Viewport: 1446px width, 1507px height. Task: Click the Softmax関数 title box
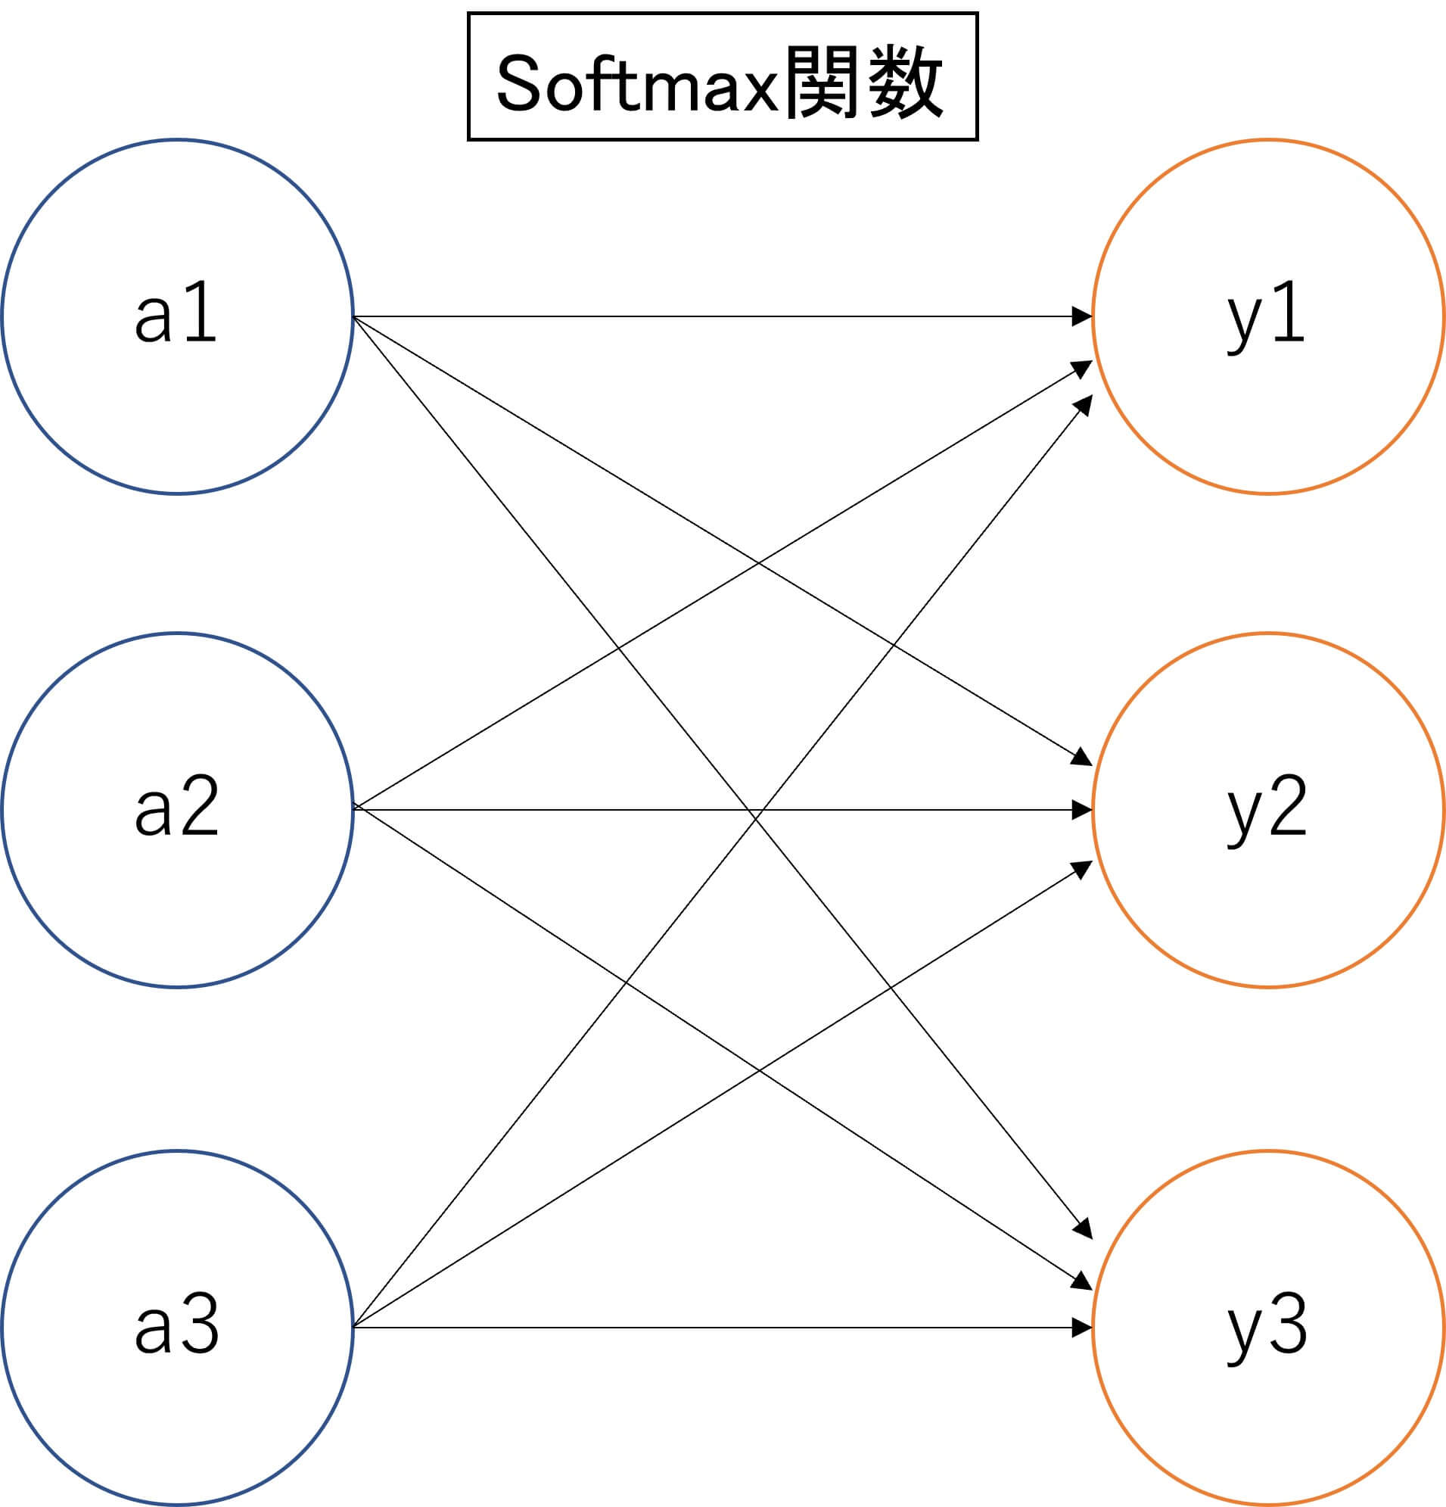(722, 77)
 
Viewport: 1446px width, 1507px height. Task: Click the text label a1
(176, 314)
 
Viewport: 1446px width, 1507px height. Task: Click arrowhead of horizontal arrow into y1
(1082, 316)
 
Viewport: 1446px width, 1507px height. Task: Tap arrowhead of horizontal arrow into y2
(1082, 810)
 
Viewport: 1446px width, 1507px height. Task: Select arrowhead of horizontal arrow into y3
(1082, 1327)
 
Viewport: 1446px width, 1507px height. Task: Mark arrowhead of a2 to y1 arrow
(1083, 368)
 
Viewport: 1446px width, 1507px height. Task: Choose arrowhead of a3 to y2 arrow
(1083, 867)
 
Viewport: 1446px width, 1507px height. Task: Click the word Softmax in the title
(638, 83)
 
